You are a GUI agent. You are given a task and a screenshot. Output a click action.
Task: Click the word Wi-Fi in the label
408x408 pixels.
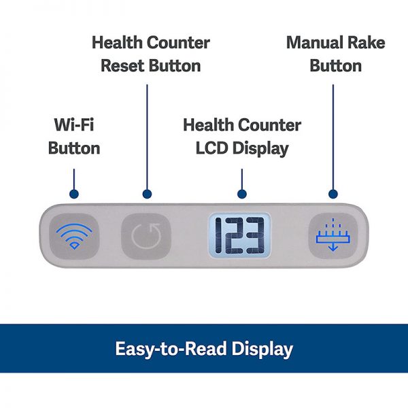(73, 126)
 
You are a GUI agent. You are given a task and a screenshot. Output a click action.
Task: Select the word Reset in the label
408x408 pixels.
(124, 66)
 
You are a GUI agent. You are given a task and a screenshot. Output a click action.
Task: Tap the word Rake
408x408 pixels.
(367, 43)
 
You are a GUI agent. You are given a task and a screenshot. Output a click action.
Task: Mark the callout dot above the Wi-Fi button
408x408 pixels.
(73, 194)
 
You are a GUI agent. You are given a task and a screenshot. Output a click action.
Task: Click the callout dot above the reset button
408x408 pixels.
(146, 194)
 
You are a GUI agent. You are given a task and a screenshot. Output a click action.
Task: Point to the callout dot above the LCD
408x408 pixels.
(241, 194)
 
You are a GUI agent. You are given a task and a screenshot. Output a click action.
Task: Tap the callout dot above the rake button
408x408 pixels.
(333, 194)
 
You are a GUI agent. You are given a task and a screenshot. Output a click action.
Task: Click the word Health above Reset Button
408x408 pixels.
(118, 43)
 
